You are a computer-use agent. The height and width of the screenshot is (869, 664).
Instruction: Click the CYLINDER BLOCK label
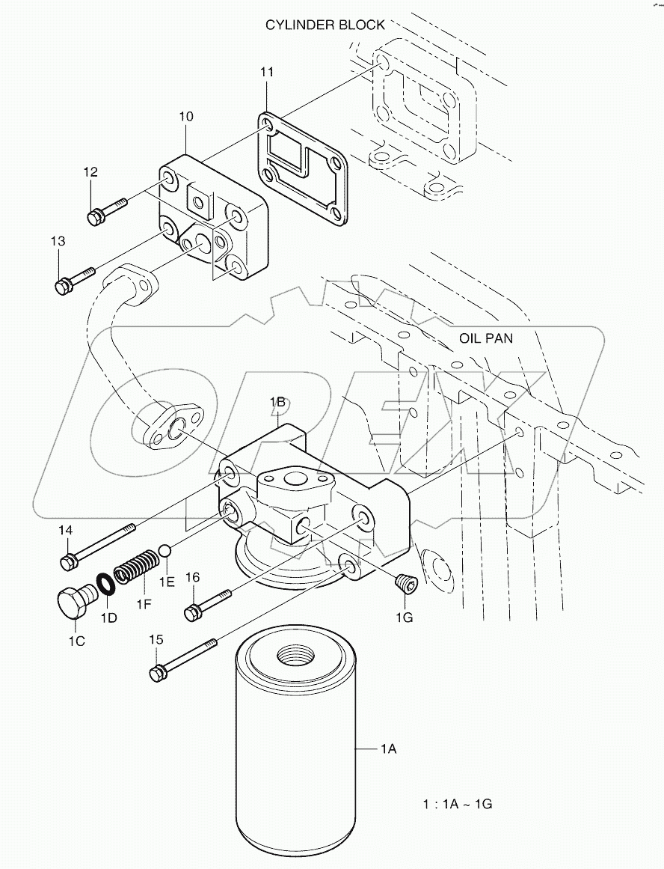325,25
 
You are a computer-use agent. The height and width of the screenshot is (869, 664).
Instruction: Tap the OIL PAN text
486,338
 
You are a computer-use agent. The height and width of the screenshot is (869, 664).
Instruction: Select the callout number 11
267,72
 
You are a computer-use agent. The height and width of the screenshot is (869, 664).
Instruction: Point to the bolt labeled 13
75,278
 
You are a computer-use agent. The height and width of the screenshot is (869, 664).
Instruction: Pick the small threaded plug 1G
405,583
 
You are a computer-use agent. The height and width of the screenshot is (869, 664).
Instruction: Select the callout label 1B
278,403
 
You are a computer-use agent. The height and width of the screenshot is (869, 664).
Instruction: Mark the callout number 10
186,117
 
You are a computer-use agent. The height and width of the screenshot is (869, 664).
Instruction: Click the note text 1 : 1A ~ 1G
456,805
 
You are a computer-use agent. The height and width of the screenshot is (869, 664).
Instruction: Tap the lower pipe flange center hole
177,430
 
